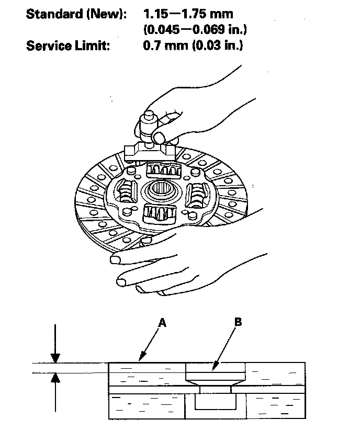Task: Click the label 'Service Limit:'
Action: click(68, 46)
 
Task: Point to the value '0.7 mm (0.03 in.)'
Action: click(193, 46)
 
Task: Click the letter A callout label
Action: click(163, 324)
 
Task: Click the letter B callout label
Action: click(238, 323)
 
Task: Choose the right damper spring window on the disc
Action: click(198, 195)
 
